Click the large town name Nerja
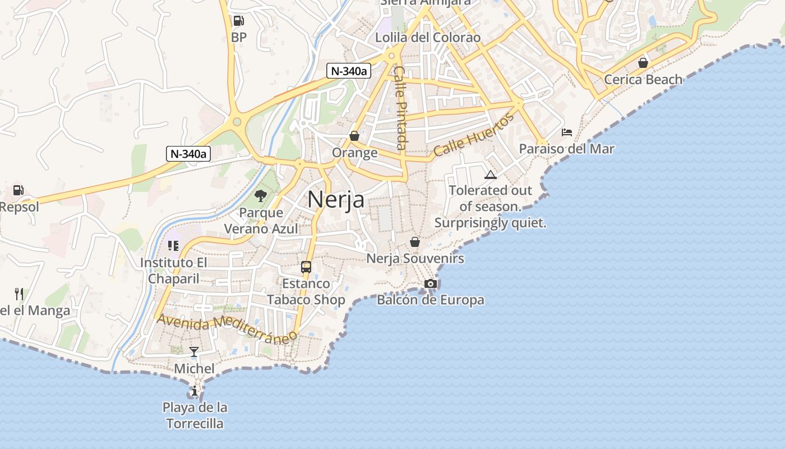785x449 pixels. pos(336,200)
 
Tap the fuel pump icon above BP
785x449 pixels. pos(238,21)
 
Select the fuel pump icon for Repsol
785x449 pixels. pos(19,190)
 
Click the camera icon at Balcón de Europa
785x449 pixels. pos(430,283)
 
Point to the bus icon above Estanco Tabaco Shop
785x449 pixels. pos(306,267)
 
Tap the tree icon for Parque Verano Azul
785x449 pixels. pos(260,196)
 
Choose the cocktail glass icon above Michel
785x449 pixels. pos(194,352)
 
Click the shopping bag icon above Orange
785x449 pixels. pos(354,136)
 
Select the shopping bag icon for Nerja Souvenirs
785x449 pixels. pos(415,242)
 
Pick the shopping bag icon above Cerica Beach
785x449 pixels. pos(643,62)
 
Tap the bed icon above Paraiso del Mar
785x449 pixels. pos(567,132)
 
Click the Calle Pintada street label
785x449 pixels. pos(400,108)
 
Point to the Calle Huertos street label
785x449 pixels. pos(474,135)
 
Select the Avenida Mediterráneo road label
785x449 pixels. pos(227,329)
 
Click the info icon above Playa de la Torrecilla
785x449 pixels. pos(194,391)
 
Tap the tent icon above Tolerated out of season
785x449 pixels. pos(491,175)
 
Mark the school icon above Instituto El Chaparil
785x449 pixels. pos(173,246)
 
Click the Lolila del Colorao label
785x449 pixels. pos(428,38)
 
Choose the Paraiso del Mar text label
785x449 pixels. pos(566,149)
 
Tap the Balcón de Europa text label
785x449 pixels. pos(430,300)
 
